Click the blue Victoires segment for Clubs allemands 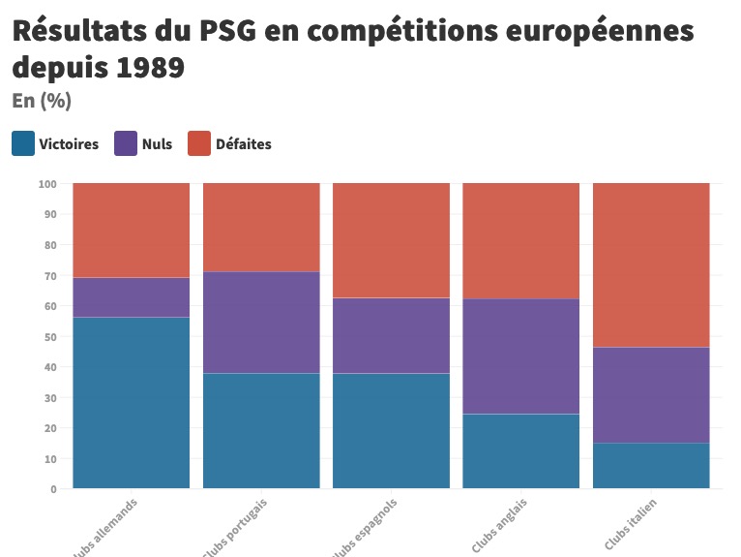point(132,402)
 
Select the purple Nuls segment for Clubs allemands point(132,297)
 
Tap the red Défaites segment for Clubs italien point(651,264)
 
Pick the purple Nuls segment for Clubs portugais point(261,323)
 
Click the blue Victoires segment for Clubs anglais point(520,450)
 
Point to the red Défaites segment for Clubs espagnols point(391,240)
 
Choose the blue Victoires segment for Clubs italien point(651,465)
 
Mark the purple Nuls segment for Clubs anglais point(520,356)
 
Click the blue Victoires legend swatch point(23,143)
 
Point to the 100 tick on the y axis point(48,183)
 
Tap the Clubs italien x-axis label point(630,524)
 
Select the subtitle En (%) point(42,101)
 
